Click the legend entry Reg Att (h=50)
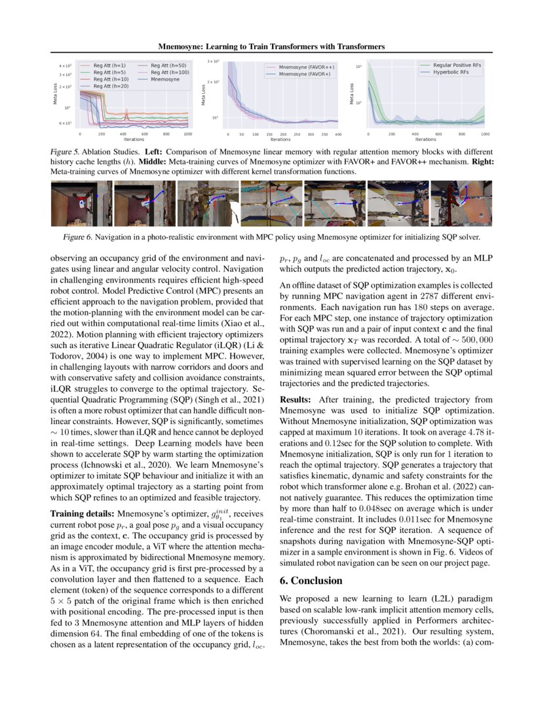[x=168, y=66]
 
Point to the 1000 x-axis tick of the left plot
[x=189, y=134]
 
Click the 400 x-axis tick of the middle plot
[x=338, y=134]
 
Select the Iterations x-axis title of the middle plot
[x=280, y=139]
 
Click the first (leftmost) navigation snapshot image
[x=81, y=204]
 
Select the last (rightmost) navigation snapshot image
[x=461, y=204]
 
